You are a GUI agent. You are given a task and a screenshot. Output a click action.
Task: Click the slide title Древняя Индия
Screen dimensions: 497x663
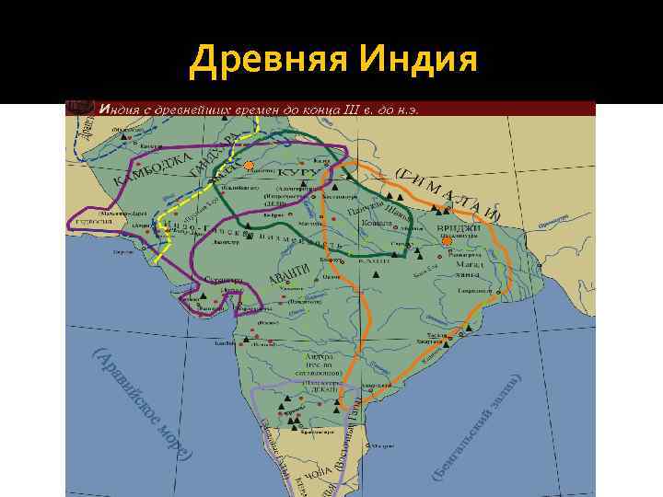tap(333, 61)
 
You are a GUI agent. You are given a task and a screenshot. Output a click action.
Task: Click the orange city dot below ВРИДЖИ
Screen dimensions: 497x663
tap(447, 243)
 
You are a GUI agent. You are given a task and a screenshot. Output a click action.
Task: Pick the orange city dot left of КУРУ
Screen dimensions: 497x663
tap(249, 166)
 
